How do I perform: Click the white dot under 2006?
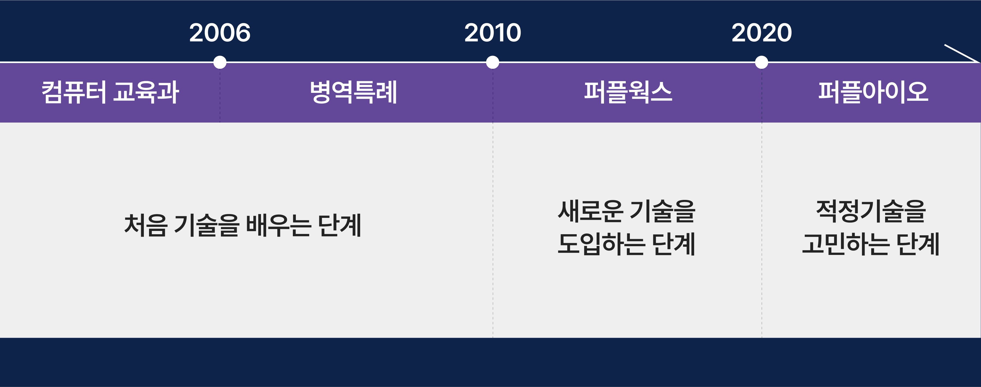click(x=220, y=62)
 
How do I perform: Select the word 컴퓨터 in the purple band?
click(x=74, y=92)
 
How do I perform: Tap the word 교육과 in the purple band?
click(x=146, y=92)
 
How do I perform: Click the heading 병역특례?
click(x=353, y=92)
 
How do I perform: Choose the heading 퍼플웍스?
click(x=628, y=92)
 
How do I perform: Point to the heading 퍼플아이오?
click(x=873, y=92)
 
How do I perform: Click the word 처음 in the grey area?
click(x=145, y=225)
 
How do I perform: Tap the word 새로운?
click(x=590, y=211)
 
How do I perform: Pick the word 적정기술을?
click(x=871, y=211)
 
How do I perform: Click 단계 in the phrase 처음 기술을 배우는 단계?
click(x=339, y=225)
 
